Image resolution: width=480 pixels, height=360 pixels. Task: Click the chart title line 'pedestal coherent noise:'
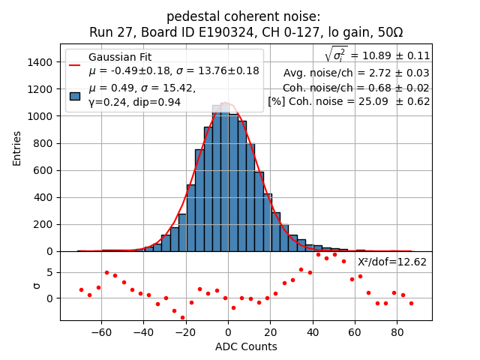point(246,16)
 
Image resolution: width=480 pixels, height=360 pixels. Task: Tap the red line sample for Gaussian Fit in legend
point(75,64)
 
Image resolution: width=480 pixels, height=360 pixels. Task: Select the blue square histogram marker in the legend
point(75,95)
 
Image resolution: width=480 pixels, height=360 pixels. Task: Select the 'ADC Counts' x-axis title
point(246,346)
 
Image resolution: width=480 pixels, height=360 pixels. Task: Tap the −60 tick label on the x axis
point(101,331)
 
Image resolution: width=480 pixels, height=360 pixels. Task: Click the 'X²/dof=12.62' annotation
point(392,262)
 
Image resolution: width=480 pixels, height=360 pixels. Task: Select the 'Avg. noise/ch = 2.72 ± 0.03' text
point(356,73)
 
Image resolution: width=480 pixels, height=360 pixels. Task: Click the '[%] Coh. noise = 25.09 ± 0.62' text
point(349,101)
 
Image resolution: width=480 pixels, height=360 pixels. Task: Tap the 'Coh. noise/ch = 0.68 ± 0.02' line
point(356,87)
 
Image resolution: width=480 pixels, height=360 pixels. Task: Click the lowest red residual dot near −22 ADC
point(182,317)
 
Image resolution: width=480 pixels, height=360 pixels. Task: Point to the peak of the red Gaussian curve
point(227,104)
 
